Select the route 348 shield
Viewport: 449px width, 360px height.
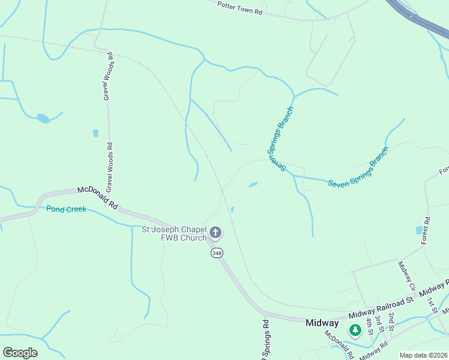click(217, 253)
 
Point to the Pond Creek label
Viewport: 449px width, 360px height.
click(66, 209)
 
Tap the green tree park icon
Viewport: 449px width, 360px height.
click(355, 330)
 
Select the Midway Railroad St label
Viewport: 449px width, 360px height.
click(382, 305)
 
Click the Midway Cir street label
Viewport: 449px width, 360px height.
click(406, 275)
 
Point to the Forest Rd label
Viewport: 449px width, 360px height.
click(426, 230)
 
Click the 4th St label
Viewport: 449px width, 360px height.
click(369, 327)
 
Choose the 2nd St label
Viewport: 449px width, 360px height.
click(391, 322)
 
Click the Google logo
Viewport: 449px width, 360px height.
click(20, 352)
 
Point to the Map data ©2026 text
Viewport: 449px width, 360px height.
click(423, 355)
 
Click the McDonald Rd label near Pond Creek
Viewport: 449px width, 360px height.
click(97, 198)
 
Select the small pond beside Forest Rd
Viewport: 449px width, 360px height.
click(418, 230)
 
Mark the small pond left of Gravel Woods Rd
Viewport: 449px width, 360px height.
click(43, 118)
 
